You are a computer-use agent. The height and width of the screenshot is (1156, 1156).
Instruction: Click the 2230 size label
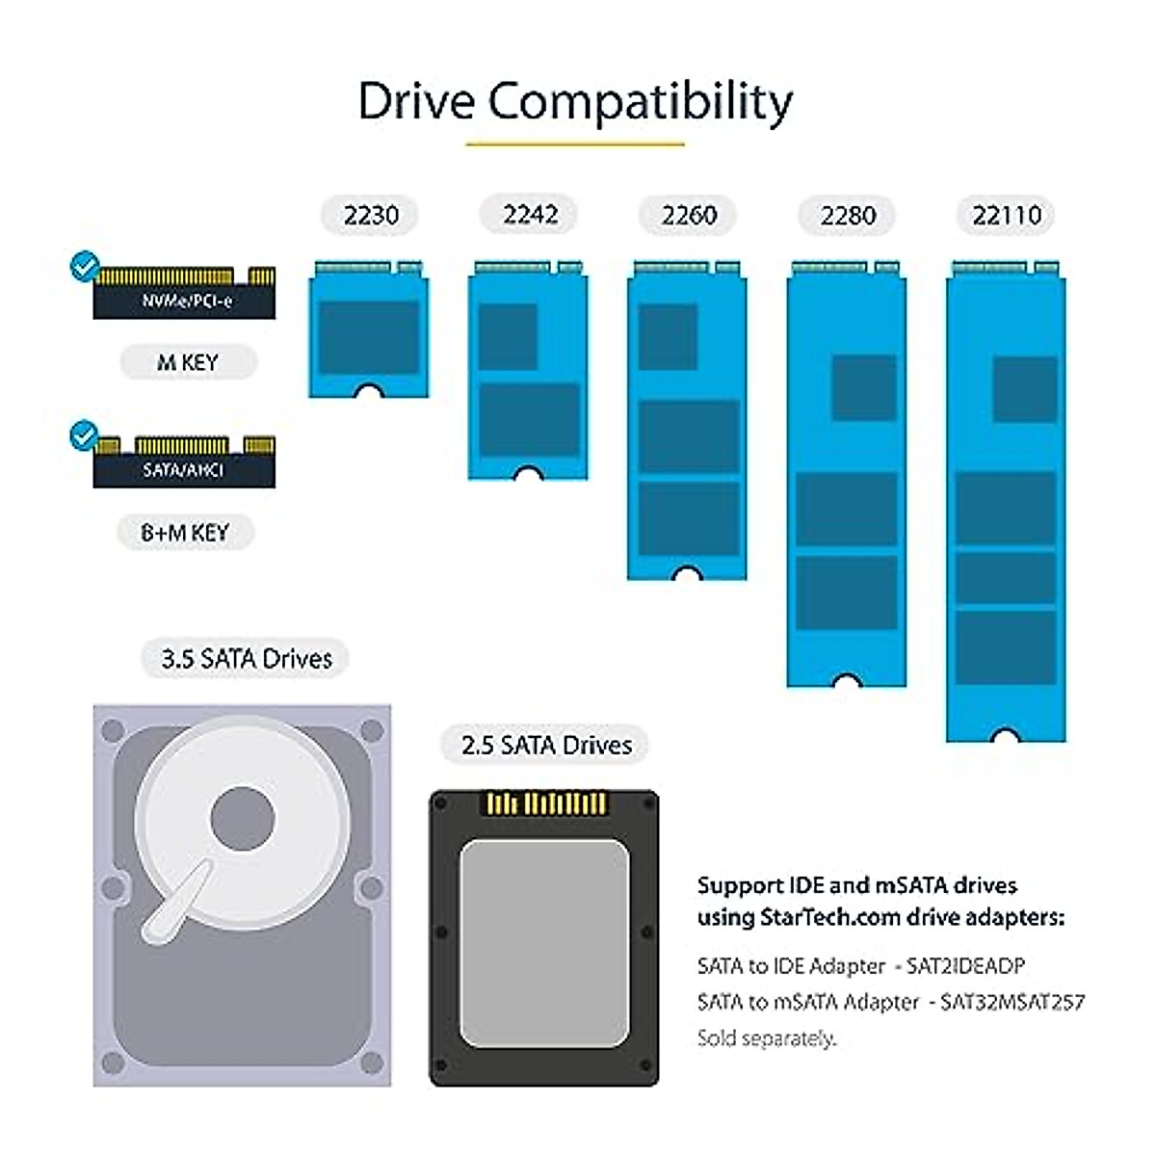pos(371,215)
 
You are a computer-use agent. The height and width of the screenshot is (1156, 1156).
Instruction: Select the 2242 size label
pos(530,214)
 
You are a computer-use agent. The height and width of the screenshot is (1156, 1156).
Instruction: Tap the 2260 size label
pos(689,215)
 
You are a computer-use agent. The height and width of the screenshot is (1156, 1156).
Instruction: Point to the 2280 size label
pos(848,215)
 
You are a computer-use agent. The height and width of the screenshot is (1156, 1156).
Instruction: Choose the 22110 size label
pos(1007,215)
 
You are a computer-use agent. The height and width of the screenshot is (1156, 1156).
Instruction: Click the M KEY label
pos(188,362)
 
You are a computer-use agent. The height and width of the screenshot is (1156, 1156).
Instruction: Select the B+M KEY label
pos(185,532)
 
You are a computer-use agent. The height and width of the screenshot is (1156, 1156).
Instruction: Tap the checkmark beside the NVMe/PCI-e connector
pos(85,265)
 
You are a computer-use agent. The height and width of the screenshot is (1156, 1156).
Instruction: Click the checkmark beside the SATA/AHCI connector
pos(85,435)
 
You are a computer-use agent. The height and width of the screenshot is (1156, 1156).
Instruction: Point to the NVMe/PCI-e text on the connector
pos(187,301)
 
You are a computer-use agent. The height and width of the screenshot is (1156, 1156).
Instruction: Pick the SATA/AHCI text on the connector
pos(183,470)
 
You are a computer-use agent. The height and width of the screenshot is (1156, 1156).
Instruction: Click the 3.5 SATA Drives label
pos(246,659)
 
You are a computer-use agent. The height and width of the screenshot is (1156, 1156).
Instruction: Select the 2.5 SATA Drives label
pos(546,745)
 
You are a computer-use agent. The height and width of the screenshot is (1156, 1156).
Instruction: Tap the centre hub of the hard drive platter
pos(242,820)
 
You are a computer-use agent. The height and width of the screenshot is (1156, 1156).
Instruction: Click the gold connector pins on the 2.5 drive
pos(546,802)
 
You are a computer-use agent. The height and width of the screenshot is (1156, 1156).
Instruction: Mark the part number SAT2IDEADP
pos(966,965)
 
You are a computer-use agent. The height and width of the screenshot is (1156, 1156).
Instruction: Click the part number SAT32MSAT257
pos(1012,1002)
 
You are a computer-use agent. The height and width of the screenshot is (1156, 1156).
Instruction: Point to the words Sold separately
pos(767,1038)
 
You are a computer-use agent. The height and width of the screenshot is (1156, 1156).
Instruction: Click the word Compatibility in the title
pos(640,101)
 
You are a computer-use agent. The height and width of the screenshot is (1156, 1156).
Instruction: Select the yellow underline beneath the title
pos(575,144)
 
